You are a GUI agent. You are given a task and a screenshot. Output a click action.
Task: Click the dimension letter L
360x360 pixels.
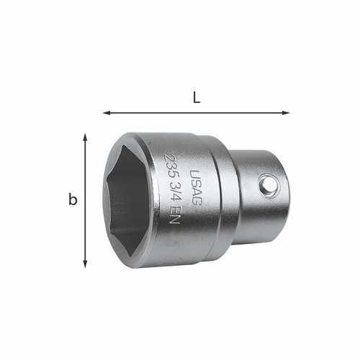click(197, 98)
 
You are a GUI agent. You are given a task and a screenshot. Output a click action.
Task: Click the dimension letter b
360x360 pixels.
click(73, 199)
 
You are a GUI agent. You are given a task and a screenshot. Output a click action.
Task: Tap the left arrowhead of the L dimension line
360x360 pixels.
click(107, 113)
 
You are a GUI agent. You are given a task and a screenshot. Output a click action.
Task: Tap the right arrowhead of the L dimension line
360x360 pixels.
click(286, 113)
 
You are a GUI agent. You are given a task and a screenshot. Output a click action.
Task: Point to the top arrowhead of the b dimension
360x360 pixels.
click(85, 138)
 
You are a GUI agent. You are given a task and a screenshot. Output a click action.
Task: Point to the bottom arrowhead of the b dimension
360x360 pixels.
click(85, 264)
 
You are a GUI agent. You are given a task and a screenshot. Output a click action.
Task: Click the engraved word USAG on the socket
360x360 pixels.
click(195, 187)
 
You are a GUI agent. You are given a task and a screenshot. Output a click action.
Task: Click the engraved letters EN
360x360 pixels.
click(174, 215)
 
